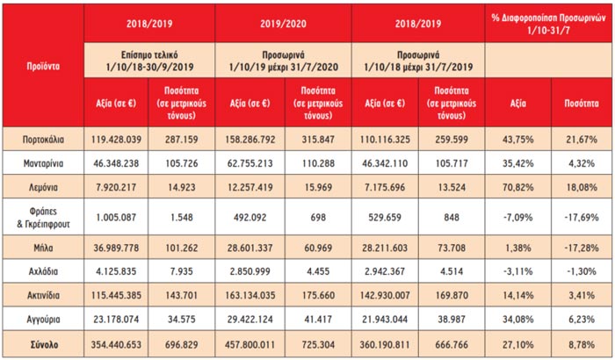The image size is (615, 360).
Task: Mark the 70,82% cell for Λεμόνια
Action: pos(513,187)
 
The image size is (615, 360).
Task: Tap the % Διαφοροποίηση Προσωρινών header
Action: pos(546,18)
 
